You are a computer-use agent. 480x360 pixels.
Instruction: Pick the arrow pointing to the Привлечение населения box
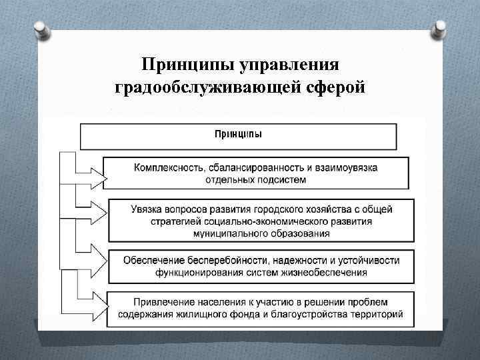(97, 306)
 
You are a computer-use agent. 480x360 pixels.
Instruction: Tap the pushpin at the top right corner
(441, 28)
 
